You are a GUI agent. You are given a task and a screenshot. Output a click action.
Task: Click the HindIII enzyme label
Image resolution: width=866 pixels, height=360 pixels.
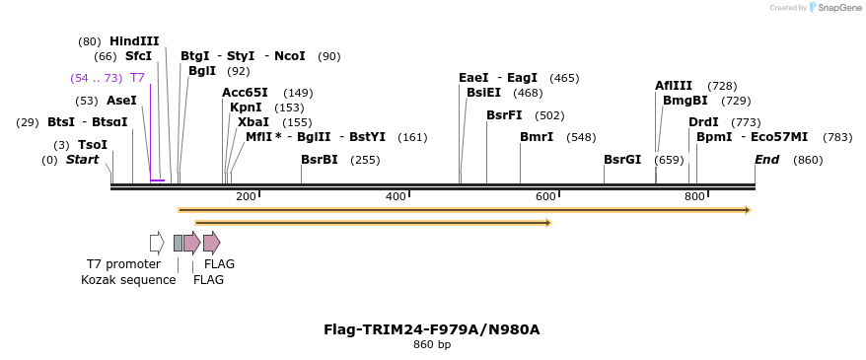click(134, 41)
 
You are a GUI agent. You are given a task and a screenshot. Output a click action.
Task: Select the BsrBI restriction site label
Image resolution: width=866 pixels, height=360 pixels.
click(319, 160)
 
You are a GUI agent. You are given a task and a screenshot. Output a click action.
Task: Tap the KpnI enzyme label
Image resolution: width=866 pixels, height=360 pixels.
click(246, 108)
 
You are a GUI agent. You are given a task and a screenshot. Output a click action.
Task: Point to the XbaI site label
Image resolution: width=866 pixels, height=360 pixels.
click(253, 122)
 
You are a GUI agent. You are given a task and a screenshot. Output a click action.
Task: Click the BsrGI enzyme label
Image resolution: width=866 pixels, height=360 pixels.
click(622, 160)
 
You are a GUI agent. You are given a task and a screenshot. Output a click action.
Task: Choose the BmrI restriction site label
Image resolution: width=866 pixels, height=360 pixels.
click(537, 137)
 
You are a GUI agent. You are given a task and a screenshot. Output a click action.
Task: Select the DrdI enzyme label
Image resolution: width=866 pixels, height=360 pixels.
click(703, 122)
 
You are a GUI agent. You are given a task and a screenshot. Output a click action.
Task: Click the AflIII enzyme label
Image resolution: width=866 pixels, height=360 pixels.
click(674, 86)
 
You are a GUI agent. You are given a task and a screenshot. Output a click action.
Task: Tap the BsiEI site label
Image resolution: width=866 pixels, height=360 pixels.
click(483, 93)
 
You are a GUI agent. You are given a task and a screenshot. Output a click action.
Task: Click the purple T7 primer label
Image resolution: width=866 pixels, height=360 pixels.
click(137, 78)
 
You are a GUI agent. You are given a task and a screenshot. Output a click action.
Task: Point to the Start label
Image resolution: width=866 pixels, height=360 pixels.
click(82, 160)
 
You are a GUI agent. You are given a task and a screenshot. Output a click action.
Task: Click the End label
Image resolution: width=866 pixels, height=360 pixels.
click(766, 160)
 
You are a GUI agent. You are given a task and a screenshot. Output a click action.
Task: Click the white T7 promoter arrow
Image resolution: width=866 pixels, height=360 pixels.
click(157, 243)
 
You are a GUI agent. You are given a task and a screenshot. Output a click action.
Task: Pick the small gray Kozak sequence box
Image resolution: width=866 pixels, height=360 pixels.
click(178, 243)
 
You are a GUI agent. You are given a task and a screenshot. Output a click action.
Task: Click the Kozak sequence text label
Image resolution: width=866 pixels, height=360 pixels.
click(128, 280)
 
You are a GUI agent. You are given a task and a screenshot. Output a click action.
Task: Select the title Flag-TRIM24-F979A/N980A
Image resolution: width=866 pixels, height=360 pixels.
click(432, 329)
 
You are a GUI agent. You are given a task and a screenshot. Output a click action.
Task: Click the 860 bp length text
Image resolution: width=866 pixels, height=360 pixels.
click(432, 345)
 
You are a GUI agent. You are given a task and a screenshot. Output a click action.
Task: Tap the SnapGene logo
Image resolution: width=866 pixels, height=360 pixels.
click(833, 8)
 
